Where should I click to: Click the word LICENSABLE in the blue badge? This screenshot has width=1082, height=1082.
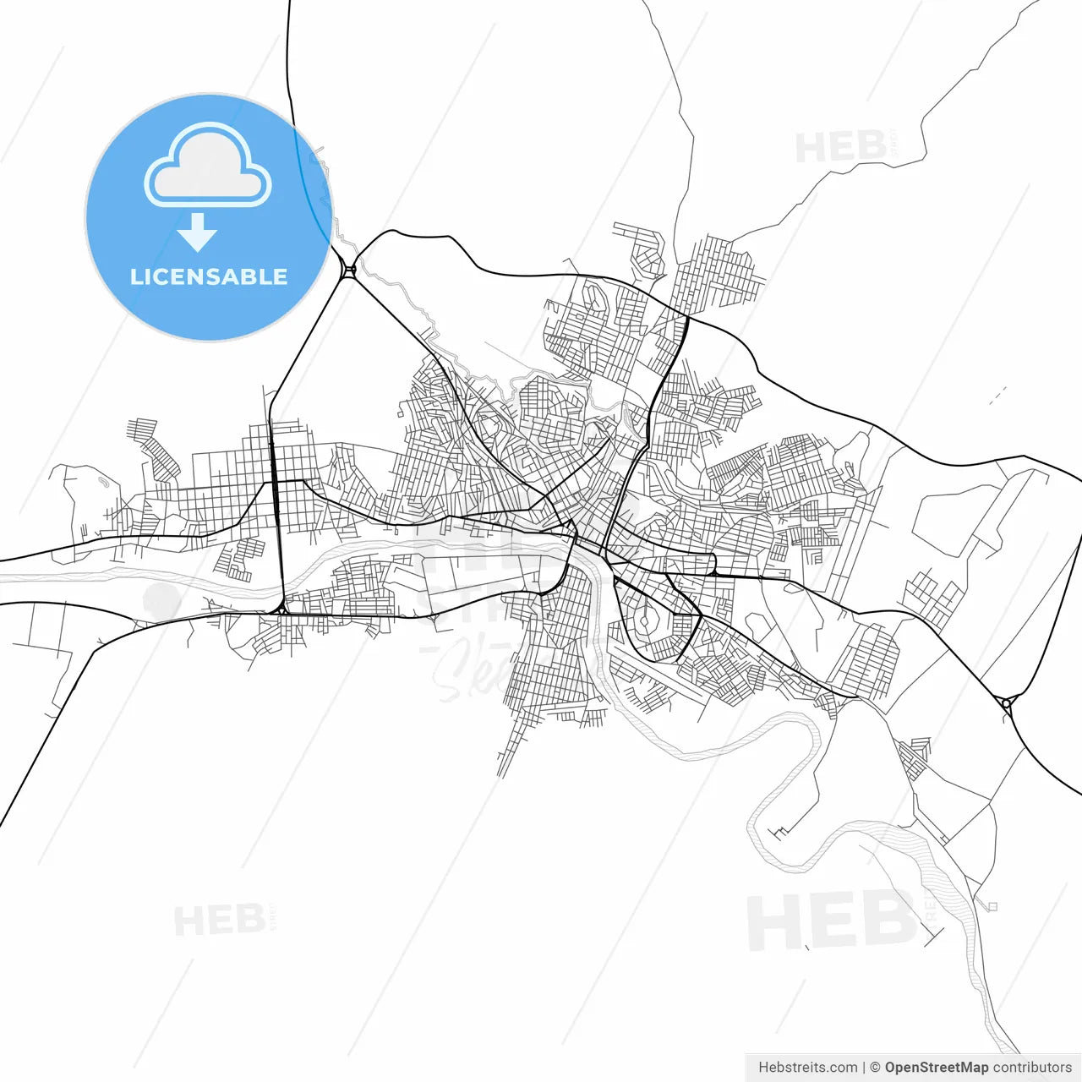(x=209, y=277)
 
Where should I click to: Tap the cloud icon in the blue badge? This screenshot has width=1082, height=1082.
(x=208, y=166)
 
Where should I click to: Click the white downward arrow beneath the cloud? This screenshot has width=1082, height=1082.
(x=198, y=232)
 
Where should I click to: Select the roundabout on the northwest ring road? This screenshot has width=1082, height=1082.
(x=349, y=270)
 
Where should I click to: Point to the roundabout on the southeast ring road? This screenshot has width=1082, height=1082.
(x=1006, y=702)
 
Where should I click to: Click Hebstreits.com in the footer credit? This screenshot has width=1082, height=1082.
(x=807, y=1068)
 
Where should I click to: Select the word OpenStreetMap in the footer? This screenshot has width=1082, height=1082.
(x=936, y=1068)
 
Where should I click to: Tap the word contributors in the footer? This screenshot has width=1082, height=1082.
(x=1031, y=1068)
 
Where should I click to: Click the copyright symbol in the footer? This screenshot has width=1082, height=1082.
(x=875, y=1068)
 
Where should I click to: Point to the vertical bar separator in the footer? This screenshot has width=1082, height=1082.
(x=864, y=1068)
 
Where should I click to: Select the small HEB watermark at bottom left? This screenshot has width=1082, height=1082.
(x=220, y=920)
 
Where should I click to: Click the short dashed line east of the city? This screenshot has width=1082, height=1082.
(x=997, y=395)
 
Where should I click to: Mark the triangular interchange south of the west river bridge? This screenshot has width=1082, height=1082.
(x=280, y=609)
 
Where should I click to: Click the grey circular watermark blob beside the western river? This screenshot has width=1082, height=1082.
(x=161, y=601)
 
